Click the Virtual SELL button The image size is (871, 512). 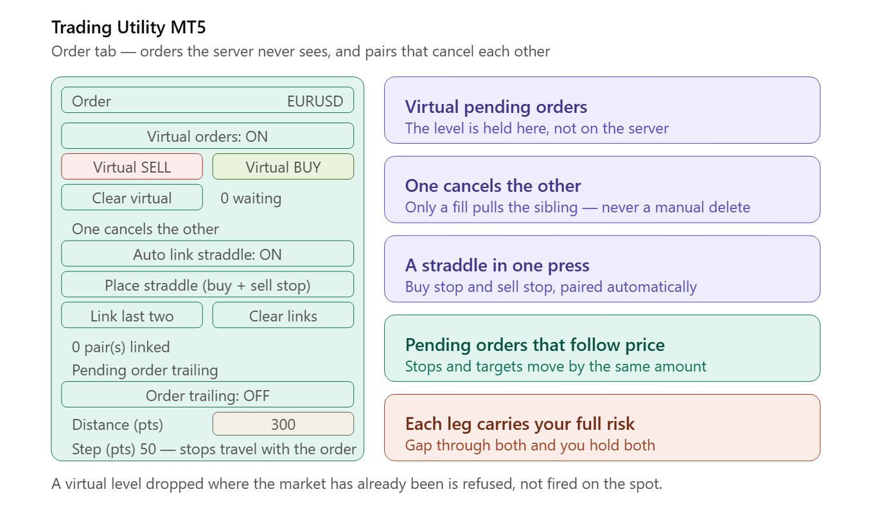point(132,167)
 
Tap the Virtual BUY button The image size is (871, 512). point(283,167)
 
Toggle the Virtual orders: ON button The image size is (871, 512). point(207,136)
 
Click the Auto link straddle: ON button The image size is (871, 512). point(207,254)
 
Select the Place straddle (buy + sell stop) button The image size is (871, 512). point(207,285)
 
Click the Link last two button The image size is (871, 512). point(132,316)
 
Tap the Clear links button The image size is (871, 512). point(283,316)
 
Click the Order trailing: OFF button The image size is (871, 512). point(207,395)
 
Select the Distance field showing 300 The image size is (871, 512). point(283,424)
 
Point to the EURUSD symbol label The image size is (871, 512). point(315,101)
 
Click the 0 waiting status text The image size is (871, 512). point(251,198)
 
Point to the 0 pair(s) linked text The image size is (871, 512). point(121,347)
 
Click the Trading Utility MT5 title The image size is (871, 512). point(128,27)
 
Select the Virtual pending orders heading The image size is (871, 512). point(496,107)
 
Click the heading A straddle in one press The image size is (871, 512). point(497,266)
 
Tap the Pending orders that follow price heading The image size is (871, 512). point(535,345)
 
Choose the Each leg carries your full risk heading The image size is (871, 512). point(520,424)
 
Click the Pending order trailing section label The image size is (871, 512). point(145,370)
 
